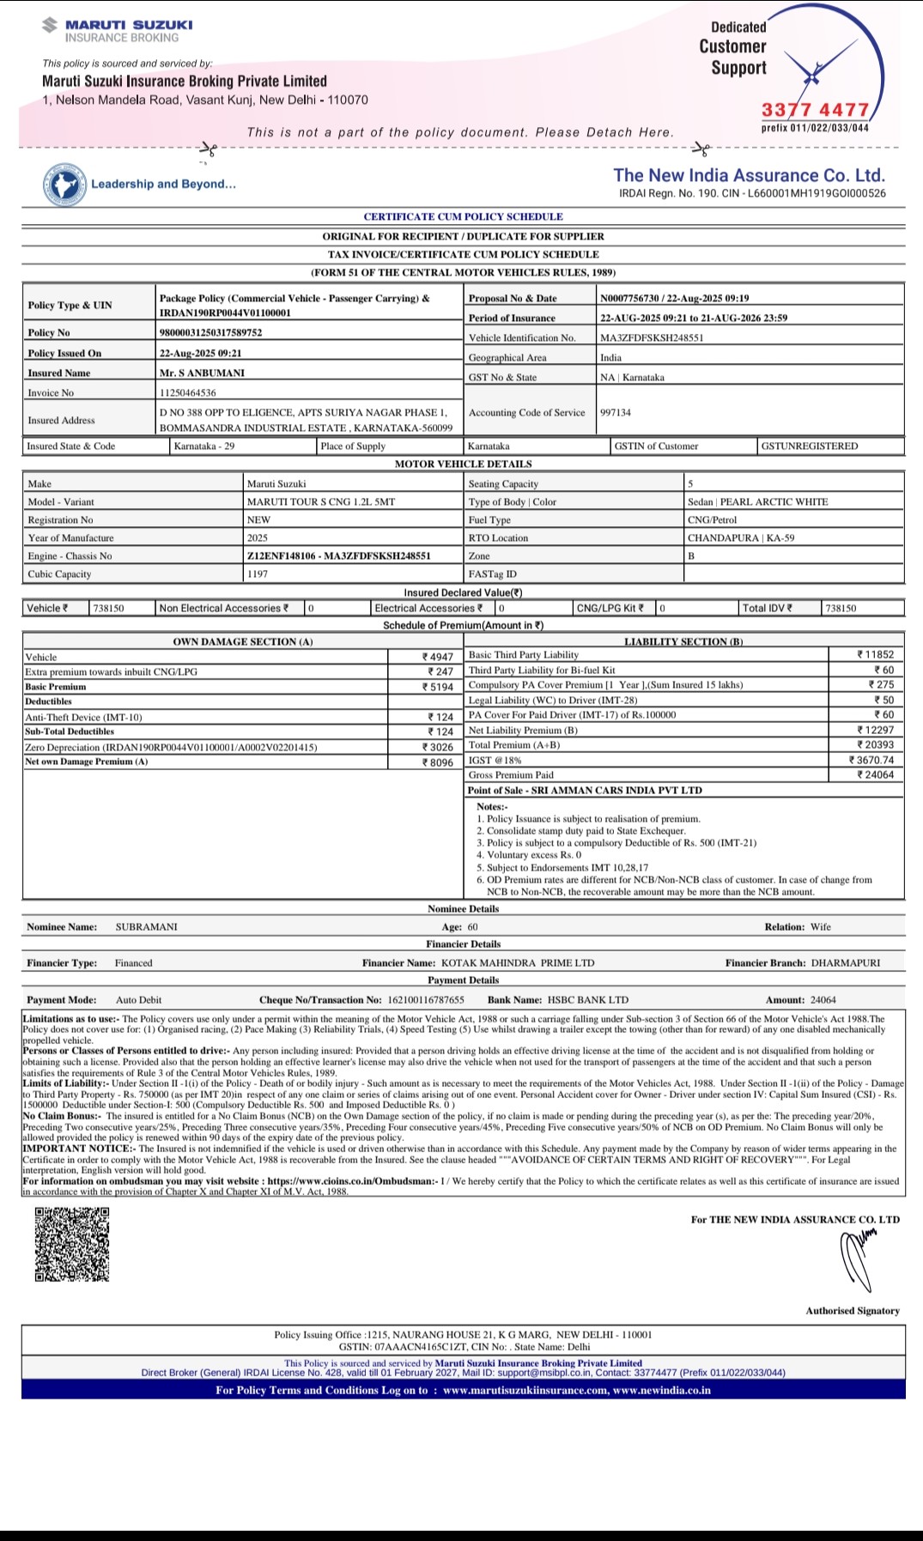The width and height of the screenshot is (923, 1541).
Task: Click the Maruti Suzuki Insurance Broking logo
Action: point(118,30)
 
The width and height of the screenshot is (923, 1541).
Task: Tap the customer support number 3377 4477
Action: point(815,110)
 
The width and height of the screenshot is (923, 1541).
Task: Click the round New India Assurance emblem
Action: point(65,184)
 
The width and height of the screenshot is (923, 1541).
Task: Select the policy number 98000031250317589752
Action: point(210,332)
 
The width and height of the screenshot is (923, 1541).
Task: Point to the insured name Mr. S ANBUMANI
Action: point(202,373)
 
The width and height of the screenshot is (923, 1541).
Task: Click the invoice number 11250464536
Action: point(188,392)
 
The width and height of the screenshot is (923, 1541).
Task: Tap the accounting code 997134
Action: point(616,412)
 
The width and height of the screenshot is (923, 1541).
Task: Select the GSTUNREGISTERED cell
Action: point(809,446)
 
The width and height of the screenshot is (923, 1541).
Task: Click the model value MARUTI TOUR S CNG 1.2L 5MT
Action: point(321,501)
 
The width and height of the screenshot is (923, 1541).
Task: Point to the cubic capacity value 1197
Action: point(258,573)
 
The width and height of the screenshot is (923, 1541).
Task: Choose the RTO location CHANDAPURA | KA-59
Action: point(741,537)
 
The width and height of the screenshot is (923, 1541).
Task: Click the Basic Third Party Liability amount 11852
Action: point(876,654)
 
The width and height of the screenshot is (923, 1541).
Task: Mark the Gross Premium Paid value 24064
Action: point(876,774)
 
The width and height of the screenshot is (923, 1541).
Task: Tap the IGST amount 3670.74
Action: point(871,760)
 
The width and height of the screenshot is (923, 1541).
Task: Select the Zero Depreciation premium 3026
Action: point(438,747)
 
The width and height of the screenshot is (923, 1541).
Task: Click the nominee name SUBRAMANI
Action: point(147,926)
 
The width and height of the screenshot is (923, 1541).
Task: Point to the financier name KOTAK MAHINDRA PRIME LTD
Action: point(518,962)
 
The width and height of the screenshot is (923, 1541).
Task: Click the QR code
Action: point(72,1244)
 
